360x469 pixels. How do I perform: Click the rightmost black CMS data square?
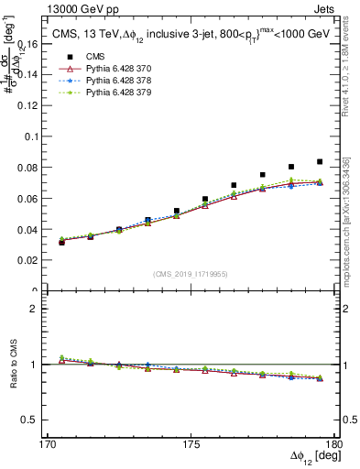pos(320,161)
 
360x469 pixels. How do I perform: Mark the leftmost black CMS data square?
pos(61,243)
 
